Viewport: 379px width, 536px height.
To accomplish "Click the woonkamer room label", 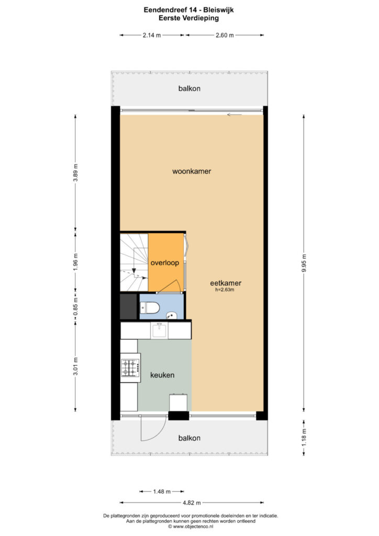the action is coord(192,171).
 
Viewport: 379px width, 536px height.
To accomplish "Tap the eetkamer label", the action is coord(226,283).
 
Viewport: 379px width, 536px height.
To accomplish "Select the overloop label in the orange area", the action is coord(165,263).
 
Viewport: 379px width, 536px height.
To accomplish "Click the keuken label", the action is coord(162,375).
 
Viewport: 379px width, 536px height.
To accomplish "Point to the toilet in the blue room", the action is coord(150,308).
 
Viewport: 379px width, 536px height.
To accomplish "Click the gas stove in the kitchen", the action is coord(130,367).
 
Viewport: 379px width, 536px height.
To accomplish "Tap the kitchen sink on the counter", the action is coord(159,330).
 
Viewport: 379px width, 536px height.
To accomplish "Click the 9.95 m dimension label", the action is coord(304,263).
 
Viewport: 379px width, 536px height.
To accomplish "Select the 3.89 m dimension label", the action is coord(75,173).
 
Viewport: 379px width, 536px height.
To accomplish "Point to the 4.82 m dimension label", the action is coord(192,502).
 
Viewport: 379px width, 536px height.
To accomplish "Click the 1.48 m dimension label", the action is coord(162,492).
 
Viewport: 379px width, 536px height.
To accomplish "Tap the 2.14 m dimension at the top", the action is coord(152,35).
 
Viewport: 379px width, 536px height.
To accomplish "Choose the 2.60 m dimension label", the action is coord(225,35).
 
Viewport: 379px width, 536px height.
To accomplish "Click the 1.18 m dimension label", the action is coord(304,438).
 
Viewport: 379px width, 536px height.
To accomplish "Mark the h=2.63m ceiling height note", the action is coord(225,290).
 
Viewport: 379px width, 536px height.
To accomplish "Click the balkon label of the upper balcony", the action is coord(189,88).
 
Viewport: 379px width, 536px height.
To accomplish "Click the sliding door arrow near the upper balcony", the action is coord(235,115).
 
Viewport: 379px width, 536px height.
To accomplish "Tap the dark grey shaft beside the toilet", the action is coord(128,306).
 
